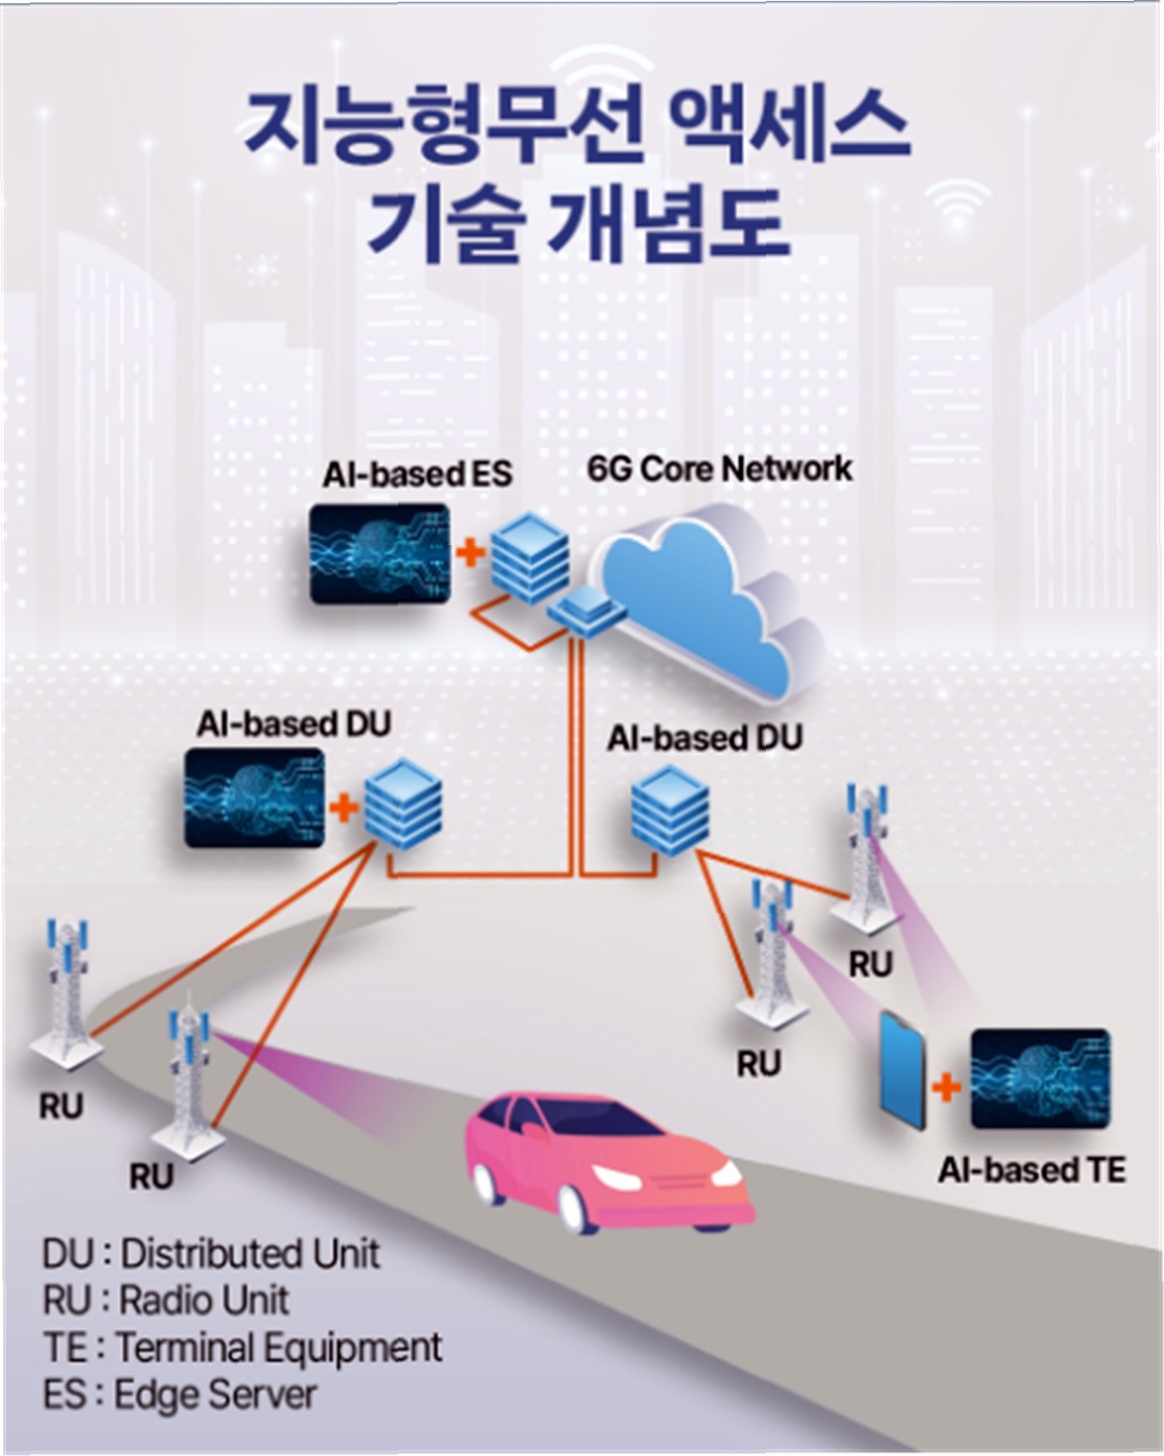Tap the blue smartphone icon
903,1071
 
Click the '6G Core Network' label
719,468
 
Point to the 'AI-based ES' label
416,474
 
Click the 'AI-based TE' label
1031,1169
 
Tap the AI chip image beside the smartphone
1040,1079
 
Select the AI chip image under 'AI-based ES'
379,554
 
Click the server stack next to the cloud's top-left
528,557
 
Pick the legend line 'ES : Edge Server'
179,1394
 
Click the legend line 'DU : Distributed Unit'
211,1254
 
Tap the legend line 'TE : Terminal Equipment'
242,1347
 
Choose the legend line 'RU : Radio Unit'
166,1300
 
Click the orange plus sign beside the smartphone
947,1087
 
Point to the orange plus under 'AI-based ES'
471,552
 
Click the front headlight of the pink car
617,1179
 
